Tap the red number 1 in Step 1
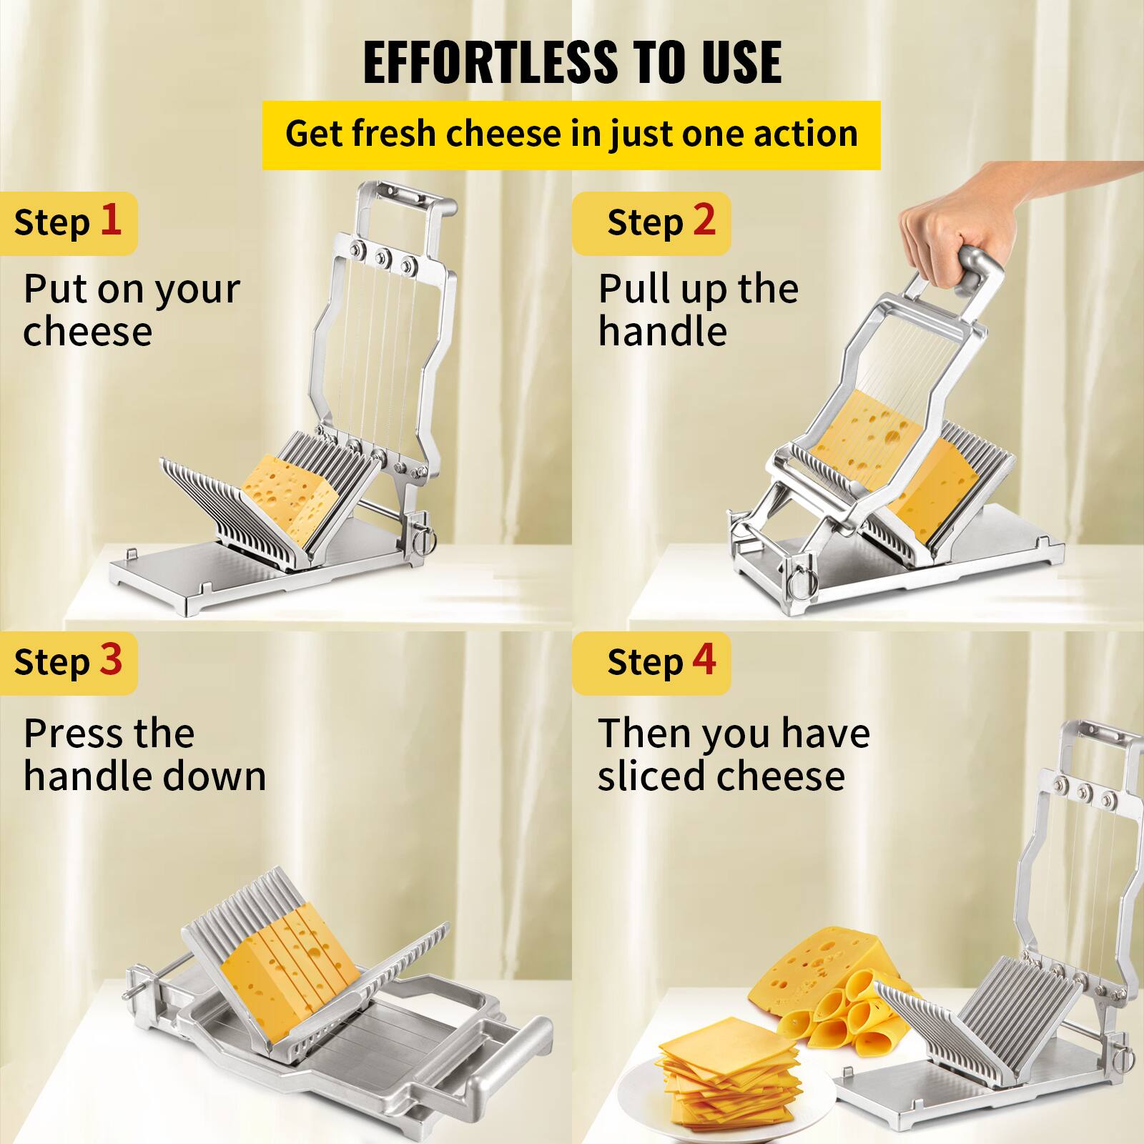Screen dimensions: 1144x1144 pos(110,220)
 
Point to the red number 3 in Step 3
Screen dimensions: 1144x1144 pos(111,659)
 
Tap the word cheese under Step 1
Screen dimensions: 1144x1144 pos(87,332)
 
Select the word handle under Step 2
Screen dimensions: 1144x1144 pos(662,332)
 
